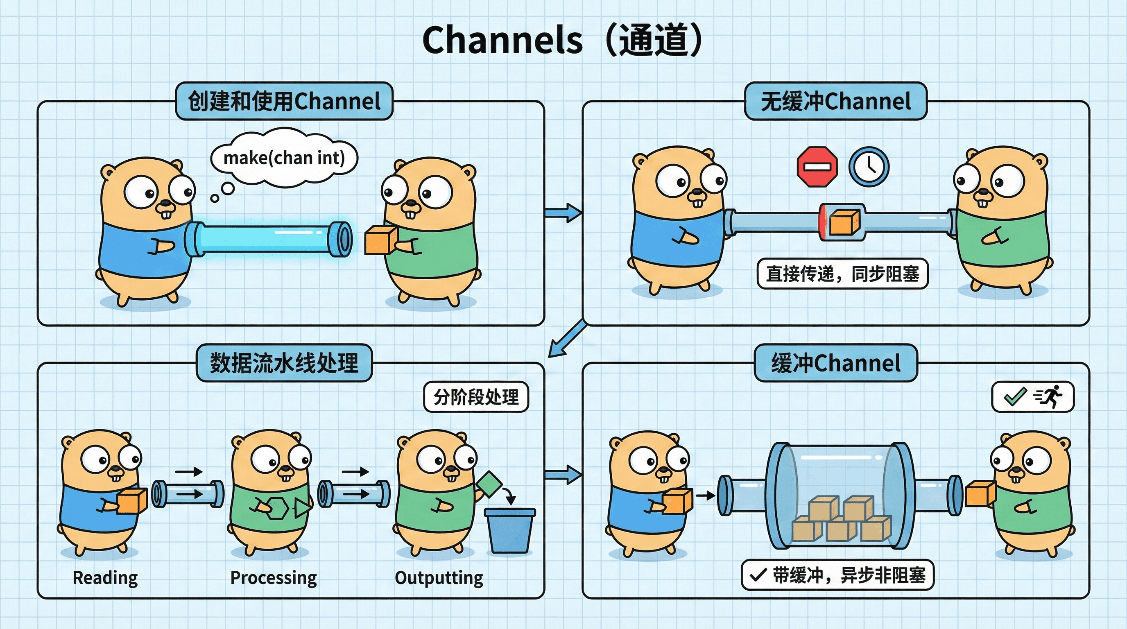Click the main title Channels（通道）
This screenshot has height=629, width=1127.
point(563,40)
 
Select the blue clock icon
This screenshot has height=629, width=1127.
point(869,167)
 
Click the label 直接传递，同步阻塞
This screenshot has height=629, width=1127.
point(842,274)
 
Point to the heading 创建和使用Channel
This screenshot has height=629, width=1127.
point(284,101)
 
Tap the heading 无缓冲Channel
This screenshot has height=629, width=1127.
point(835,101)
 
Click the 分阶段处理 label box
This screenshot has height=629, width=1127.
point(476,397)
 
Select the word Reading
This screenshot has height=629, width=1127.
point(105,577)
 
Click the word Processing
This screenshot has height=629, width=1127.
point(274,577)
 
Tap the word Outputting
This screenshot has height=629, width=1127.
point(439,577)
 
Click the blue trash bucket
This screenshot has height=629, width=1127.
point(510,531)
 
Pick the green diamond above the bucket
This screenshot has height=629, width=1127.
point(489,484)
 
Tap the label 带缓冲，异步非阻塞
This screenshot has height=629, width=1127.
point(837,575)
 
